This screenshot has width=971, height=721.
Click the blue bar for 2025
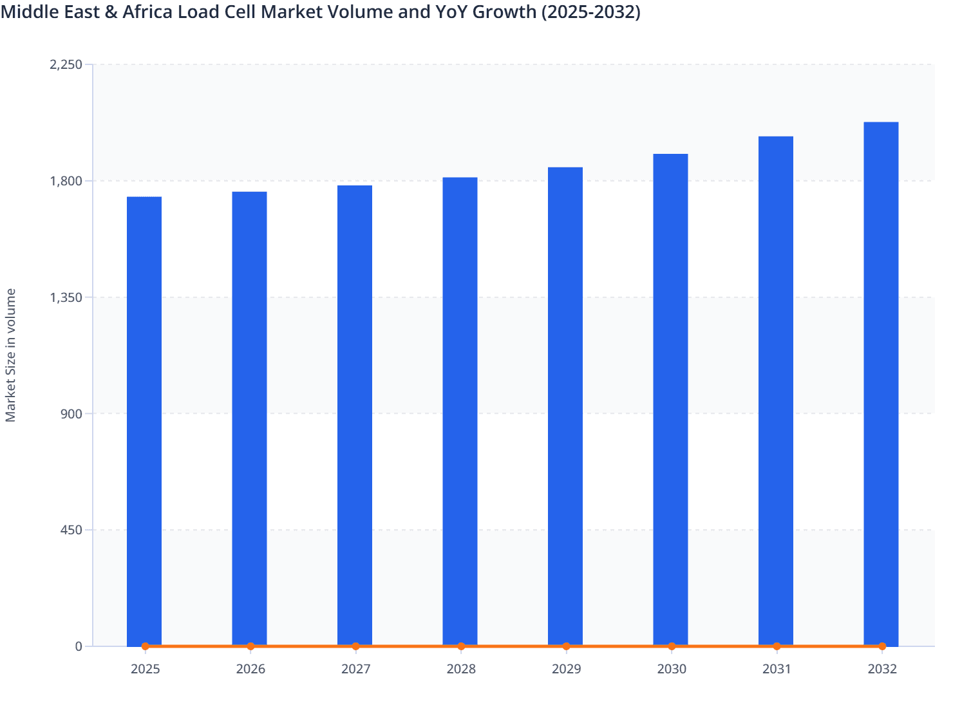(x=144, y=421)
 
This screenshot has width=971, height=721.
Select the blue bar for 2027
(x=355, y=415)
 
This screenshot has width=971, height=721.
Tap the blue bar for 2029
(x=565, y=406)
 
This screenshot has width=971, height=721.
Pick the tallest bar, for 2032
(x=881, y=384)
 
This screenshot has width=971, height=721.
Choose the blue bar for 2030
(x=670, y=400)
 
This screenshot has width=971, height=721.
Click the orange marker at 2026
(x=250, y=646)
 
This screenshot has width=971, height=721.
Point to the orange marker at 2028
(x=461, y=646)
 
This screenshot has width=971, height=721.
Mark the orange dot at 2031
(x=777, y=646)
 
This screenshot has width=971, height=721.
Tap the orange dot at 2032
(x=882, y=646)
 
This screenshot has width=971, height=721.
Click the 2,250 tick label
(x=66, y=64)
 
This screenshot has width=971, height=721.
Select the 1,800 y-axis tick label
(x=66, y=181)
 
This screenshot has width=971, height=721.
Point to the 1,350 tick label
(x=66, y=297)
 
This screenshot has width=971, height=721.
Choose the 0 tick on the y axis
(x=79, y=646)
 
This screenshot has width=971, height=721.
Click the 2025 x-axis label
(x=145, y=669)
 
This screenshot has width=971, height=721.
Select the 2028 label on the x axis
(x=461, y=669)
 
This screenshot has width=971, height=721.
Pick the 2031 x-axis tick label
(x=777, y=669)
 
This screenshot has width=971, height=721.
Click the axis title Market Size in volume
(x=11, y=355)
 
